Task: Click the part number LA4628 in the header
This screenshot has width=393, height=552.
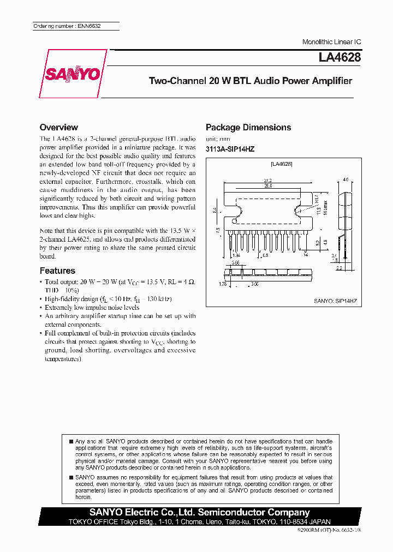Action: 340,57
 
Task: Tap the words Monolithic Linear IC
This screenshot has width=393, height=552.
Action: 331,42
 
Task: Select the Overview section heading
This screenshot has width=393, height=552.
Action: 59,127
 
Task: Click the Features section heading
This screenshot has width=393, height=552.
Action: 57,271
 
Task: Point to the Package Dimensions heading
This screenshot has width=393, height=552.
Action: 248,128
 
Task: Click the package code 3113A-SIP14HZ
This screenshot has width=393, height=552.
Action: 230,149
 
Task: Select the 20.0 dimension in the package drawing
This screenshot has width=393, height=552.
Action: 267,185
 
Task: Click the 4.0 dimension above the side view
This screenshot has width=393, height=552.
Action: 345,179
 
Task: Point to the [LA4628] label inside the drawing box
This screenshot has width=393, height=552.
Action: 282,164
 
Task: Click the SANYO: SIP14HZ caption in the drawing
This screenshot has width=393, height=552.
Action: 335,301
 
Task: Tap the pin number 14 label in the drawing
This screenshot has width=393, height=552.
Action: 306,255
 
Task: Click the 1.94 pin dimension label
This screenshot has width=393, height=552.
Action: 236,255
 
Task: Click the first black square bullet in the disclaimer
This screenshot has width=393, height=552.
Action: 72,441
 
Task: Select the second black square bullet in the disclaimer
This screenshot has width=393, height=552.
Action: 72,477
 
